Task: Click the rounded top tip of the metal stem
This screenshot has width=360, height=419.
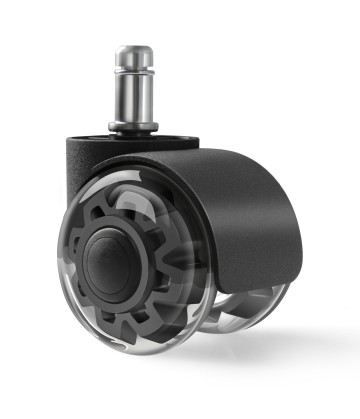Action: [134, 48]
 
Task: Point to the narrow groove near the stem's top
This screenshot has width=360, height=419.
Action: [134, 69]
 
